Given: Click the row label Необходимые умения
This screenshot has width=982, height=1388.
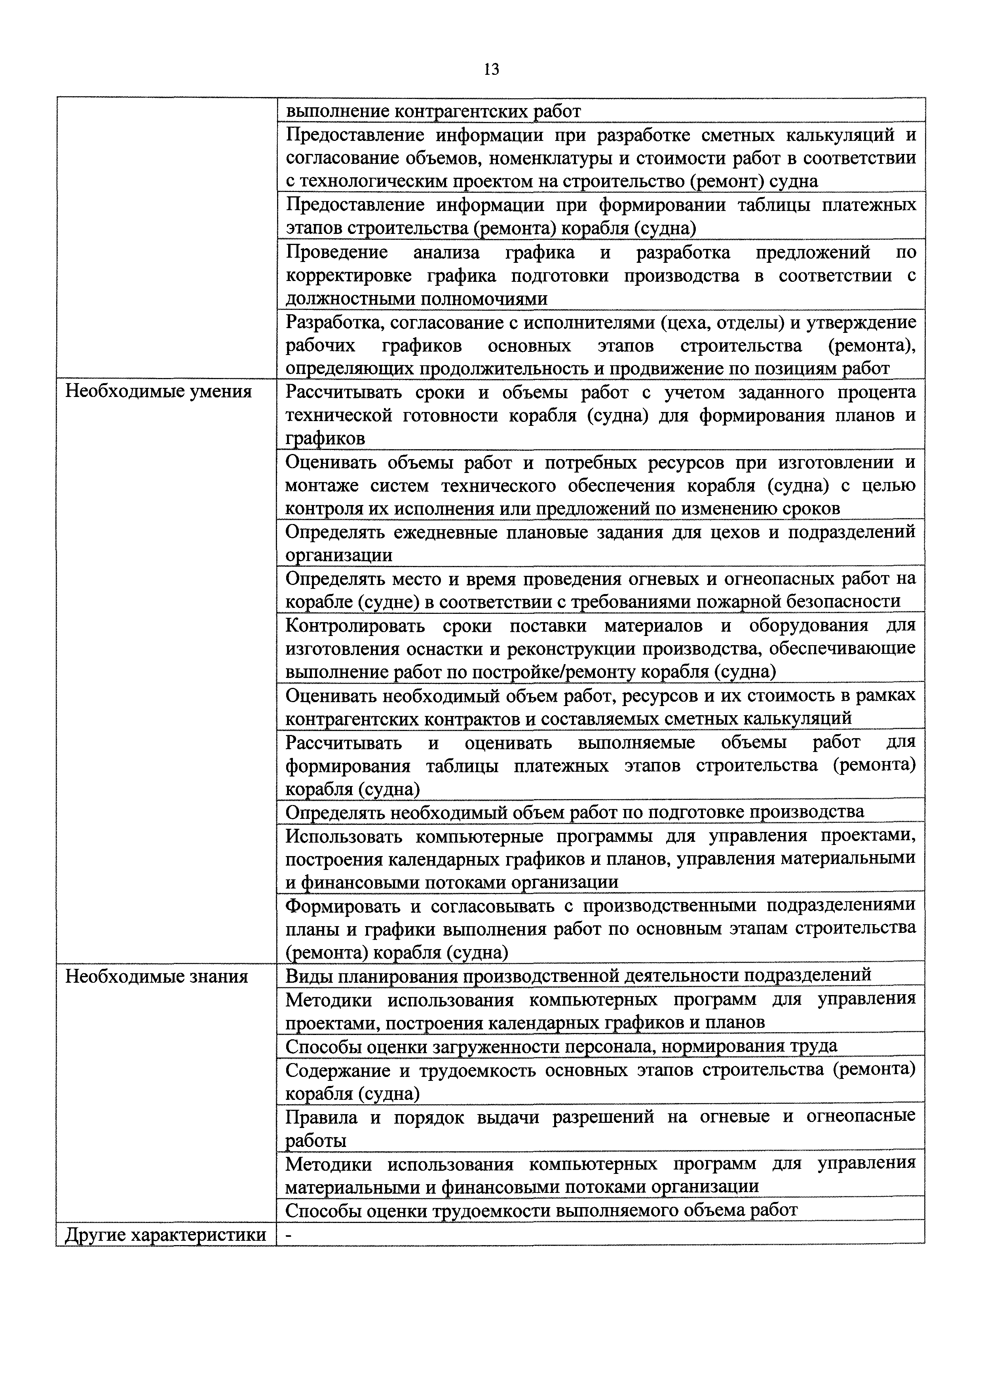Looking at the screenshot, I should [x=158, y=392].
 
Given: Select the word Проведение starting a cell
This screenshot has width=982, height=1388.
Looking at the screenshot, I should [x=337, y=252].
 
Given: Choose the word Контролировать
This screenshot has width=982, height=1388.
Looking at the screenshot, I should [x=355, y=625].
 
